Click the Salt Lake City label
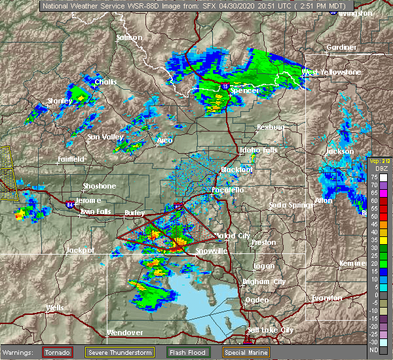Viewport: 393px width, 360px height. pyautogui.click(x=270, y=331)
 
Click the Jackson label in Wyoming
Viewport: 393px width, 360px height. pyautogui.click(x=340, y=151)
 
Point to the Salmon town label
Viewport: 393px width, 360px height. pyautogui.click(x=129, y=37)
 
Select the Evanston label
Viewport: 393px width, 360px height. pyautogui.click(x=327, y=298)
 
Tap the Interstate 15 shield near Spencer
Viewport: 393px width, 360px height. pyautogui.click(x=226, y=85)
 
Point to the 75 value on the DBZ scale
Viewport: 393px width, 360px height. pyautogui.click(x=374, y=176)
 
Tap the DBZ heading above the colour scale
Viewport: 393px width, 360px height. pyautogui.click(x=373, y=168)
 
